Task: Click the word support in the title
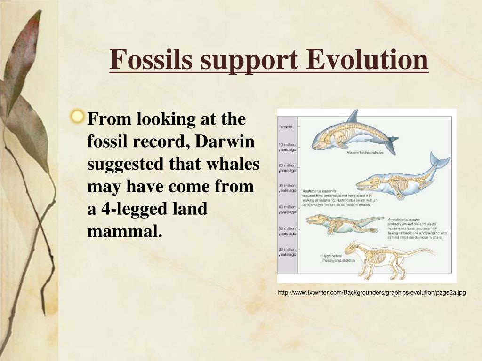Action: pos(248,60)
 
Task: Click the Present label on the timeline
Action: pos(286,127)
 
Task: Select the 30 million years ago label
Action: pos(287,188)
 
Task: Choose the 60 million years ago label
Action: pos(287,251)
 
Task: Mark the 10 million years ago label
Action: pos(287,147)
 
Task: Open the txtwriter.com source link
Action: pos(371,293)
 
